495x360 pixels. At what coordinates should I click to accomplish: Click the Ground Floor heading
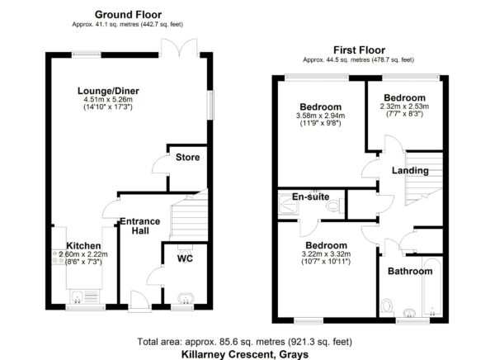pos(128,15)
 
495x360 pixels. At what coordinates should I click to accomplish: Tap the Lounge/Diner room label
pos(108,91)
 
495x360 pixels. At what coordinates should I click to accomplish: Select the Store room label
pos(187,157)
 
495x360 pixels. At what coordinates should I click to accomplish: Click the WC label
pos(185,258)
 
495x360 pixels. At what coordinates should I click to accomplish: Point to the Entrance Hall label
pos(140,226)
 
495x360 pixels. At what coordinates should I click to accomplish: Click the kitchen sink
pos(77,296)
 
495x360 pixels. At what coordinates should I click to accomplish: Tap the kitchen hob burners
pos(59,256)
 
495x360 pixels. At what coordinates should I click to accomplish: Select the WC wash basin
pos(186,298)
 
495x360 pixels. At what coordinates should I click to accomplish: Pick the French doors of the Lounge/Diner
pos(180,48)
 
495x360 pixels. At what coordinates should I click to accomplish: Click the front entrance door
pos(139,301)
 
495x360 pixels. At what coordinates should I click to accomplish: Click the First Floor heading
pos(359,50)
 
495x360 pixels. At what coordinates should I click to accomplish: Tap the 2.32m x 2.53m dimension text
pos(404,107)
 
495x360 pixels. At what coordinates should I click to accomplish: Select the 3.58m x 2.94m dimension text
pos(320,116)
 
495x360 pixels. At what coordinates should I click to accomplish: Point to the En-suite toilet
pos(335,206)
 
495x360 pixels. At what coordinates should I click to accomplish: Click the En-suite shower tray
pos(288,205)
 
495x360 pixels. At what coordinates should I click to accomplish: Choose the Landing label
pos(410,170)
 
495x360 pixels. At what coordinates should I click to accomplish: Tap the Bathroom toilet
pos(386,307)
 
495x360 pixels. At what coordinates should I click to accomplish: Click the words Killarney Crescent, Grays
pos(245,354)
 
